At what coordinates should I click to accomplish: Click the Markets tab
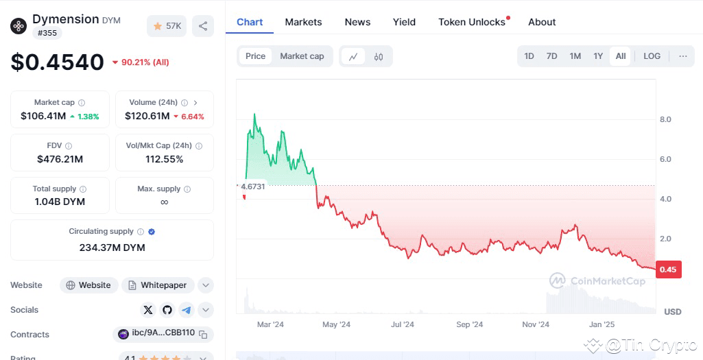click(303, 22)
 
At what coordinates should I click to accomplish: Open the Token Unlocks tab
click(472, 22)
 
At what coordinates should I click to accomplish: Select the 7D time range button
click(551, 56)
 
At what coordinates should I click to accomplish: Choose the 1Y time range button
click(598, 56)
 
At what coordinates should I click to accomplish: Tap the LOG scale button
click(652, 56)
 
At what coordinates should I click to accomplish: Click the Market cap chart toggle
click(302, 56)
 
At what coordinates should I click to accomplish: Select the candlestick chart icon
click(379, 57)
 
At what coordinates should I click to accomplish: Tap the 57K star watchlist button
click(167, 26)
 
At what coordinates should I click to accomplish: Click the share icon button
click(203, 26)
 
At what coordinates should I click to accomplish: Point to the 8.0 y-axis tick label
click(665, 119)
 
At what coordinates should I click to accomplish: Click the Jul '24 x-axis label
click(403, 324)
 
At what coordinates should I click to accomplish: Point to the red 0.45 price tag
click(667, 269)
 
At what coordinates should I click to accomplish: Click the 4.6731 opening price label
click(252, 187)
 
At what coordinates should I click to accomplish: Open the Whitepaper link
click(158, 285)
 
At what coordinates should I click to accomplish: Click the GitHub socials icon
click(167, 310)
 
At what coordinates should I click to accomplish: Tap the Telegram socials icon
click(187, 310)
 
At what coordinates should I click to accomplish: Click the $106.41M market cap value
click(43, 116)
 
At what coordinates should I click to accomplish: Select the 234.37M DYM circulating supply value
click(112, 248)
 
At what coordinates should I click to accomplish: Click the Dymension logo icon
click(19, 26)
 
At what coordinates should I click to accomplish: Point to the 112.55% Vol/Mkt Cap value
click(164, 159)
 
